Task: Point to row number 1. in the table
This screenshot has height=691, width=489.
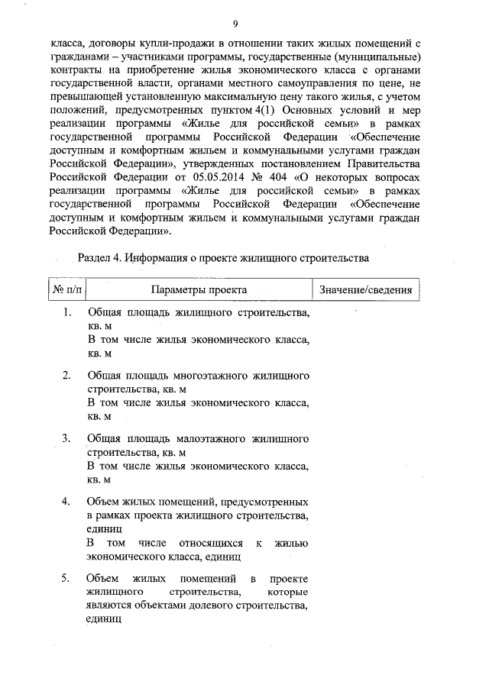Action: pos(68,313)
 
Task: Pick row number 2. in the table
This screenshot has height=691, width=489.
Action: pos(67,375)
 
